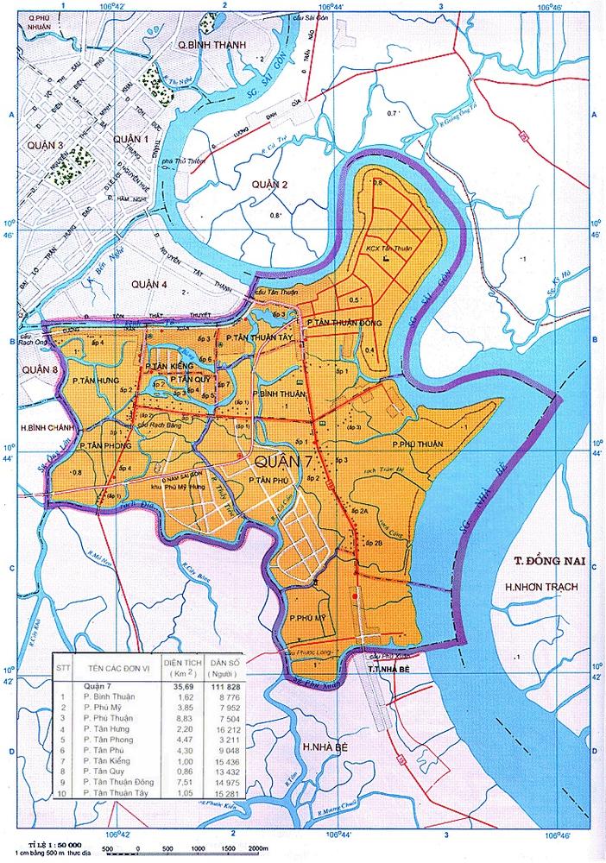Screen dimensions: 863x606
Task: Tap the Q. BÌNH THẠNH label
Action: point(207,44)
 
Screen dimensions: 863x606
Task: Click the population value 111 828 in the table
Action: point(225,685)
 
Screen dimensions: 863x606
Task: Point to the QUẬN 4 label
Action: point(148,283)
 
